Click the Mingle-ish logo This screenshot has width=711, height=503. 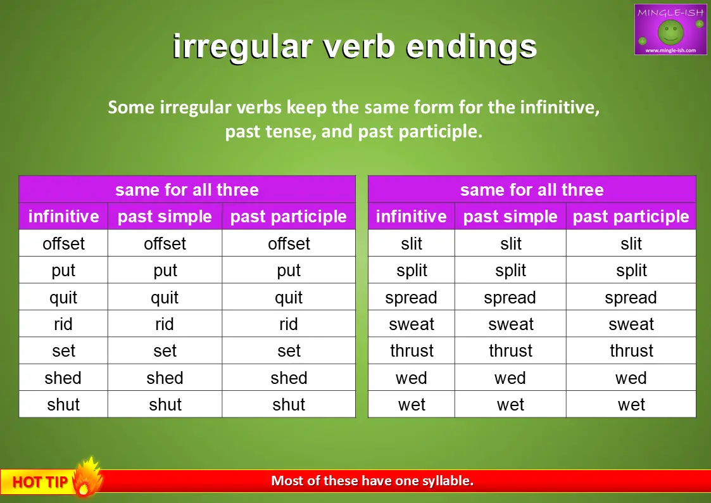(670, 30)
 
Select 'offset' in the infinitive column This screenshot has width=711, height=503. (63, 243)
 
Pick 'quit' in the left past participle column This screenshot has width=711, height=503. (289, 298)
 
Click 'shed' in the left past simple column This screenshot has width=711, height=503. (165, 378)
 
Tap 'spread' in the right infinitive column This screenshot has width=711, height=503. (412, 298)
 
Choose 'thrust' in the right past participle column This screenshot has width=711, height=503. (631, 350)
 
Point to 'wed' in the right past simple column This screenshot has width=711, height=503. (510, 378)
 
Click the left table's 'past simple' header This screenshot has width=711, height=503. (165, 217)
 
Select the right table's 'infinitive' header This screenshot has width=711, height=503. (412, 217)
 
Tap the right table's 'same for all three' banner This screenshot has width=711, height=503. (532, 189)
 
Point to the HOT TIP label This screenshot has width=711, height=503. (40, 481)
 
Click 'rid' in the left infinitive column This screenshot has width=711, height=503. (63, 324)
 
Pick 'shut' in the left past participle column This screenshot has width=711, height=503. (289, 405)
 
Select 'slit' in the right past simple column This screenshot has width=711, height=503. (511, 243)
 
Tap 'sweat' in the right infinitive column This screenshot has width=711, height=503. (412, 324)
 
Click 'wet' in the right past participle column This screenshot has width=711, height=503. (631, 405)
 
